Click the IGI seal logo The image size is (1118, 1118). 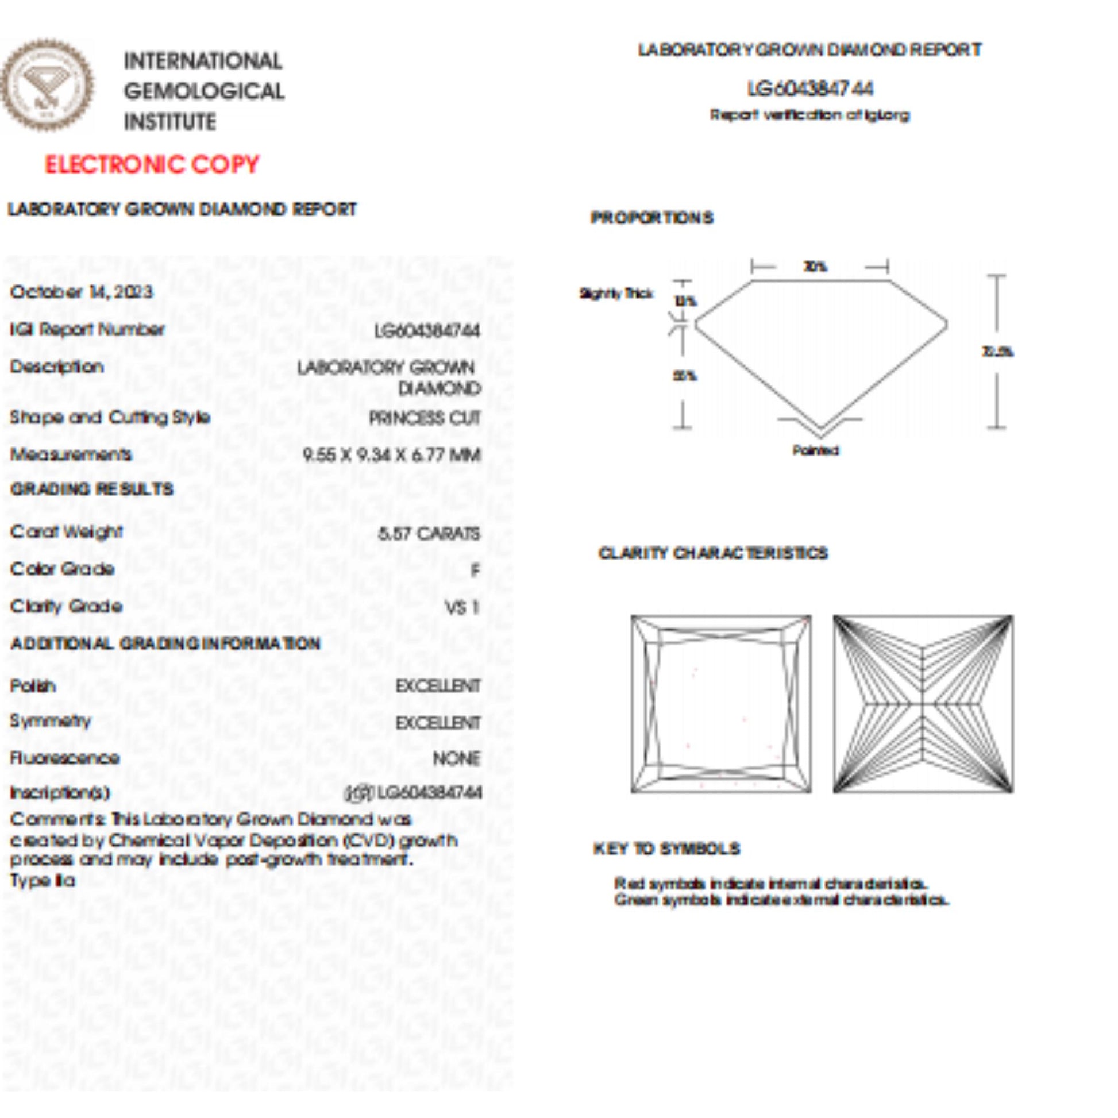(47, 85)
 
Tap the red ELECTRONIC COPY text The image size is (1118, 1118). (152, 165)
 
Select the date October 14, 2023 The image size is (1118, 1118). (82, 292)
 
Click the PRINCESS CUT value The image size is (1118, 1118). (425, 418)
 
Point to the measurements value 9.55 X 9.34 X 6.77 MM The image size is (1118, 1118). (392, 455)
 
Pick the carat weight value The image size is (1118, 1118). (429, 533)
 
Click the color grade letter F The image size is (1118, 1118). (475, 570)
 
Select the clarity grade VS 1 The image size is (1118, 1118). (462, 608)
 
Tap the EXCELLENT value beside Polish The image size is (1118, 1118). (438, 687)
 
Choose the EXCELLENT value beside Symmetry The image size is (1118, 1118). (438, 723)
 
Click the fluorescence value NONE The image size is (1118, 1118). (457, 758)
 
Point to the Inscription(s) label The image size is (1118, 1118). (60, 793)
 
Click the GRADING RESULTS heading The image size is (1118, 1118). (92, 489)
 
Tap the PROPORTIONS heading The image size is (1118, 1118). (652, 218)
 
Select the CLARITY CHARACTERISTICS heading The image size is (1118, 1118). (713, 553)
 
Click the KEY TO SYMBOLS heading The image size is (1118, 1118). (666, 849)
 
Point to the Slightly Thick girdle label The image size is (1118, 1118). (616, 294)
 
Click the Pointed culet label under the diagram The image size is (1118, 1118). (815, 450)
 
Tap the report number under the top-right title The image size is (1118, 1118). (809, 89)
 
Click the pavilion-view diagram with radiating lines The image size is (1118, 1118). (923, 704)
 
